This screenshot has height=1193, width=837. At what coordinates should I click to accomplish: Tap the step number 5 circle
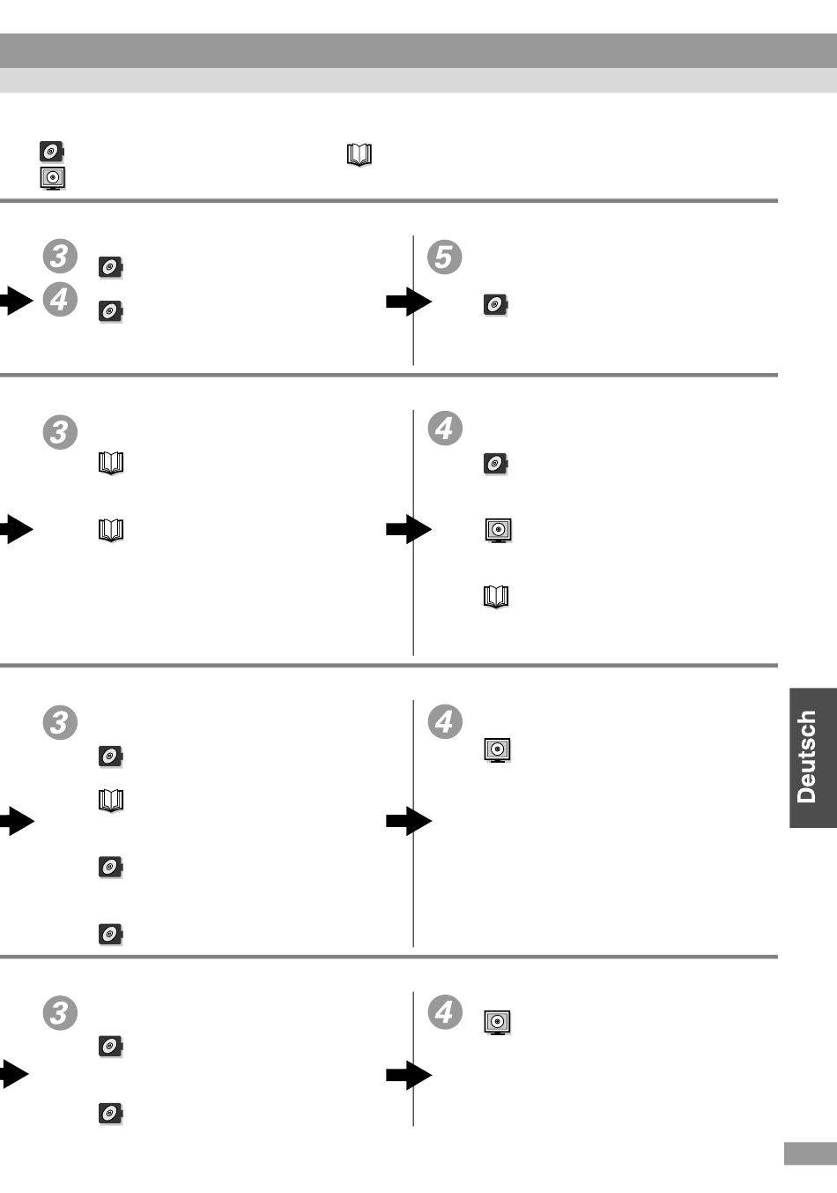pos(445,257)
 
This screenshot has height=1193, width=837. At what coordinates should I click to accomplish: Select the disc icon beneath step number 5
pos(496,305)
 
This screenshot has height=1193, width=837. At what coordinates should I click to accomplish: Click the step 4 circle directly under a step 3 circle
pos(60,300)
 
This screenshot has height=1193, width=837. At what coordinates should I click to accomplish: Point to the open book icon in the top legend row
pos(359,155)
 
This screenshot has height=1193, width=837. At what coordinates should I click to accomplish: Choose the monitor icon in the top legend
pos(53,178)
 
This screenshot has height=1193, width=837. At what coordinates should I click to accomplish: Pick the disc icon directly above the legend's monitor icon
pos(53,152)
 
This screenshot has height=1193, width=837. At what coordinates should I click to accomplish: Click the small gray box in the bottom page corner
pos(810,1154)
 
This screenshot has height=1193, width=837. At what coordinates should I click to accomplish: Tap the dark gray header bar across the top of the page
pos(418,50)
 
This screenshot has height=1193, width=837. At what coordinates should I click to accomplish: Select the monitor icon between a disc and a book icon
pos(499,530)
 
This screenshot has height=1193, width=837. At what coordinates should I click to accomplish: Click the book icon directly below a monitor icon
pos(496,597)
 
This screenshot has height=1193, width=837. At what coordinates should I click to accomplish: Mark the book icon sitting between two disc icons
pos(111,800)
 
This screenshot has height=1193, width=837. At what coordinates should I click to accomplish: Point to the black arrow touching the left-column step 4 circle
pos(16,302)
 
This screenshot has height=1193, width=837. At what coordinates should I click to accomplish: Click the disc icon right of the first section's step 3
pos(111,266)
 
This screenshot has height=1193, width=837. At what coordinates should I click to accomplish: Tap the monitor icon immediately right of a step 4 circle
pos(498,1022)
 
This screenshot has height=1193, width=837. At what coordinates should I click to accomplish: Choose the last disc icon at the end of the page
pos(111,1113)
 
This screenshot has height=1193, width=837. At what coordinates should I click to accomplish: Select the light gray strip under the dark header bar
pos(418,80)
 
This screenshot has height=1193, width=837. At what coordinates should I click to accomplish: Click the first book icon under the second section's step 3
pos(111,463)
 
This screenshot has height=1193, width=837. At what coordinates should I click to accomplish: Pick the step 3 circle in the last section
pos(60,1012)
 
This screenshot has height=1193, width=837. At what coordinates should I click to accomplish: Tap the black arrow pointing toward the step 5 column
pos(408,302)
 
